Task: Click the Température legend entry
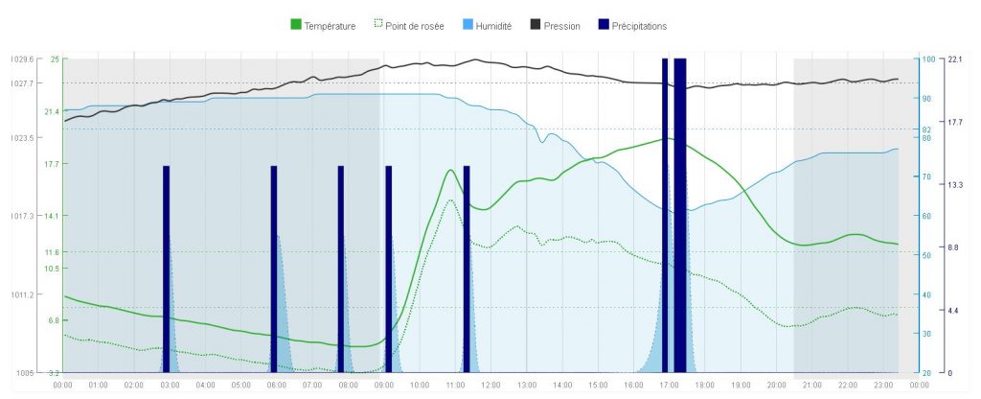click(x=323, y=26)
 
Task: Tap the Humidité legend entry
click(x=494, y=26)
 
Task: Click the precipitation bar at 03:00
click(x=167, y=269)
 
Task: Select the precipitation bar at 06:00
click(x=274, y=269)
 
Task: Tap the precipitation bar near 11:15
click(x=467, y=269)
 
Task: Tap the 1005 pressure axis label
click(x=25, y=372)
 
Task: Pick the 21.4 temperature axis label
click(x=52, y=112)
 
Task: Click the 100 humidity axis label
click(x=926, y=59)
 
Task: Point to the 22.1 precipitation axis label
click(x=954, y=59)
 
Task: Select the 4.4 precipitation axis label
click(x=952, y=311)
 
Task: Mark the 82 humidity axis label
click(x=925, y=129)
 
